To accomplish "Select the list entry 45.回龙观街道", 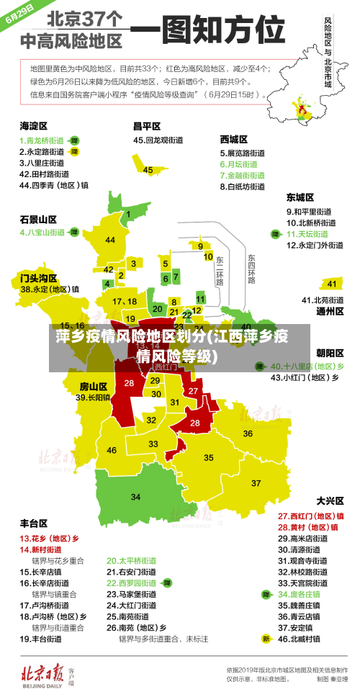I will [159, 140].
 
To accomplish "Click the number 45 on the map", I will [148, 170].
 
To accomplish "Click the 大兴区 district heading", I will [330, 500].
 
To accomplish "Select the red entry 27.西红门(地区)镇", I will [310, 516].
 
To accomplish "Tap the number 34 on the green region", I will [135, 497].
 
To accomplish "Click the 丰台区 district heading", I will [34, 523].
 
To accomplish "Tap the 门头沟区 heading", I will [38, 276].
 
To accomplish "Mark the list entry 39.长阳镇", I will [93, 397].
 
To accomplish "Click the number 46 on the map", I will [112, 450].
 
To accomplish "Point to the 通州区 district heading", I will [330, 311].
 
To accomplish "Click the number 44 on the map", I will [110, 240].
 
